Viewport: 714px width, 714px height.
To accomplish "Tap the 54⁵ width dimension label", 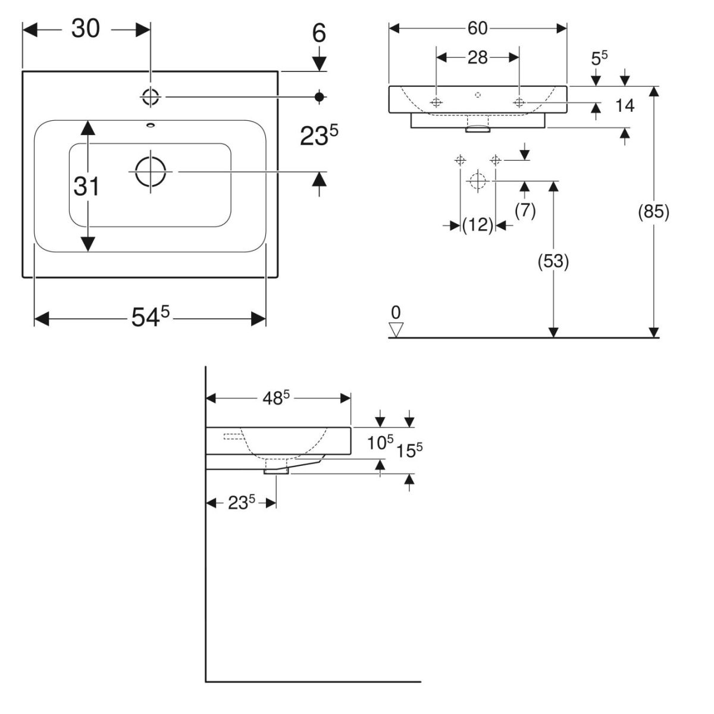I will point(151,319).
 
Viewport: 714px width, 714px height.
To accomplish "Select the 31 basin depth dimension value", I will point(86,187).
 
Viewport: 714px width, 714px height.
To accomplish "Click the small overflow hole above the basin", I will point(150,125).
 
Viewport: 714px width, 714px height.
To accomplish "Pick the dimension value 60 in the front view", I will point(478,28).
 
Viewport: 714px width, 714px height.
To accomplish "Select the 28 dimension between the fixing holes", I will point(478,57).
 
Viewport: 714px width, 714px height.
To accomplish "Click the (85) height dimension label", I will point(654,212).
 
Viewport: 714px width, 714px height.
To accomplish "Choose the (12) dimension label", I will point(478,225).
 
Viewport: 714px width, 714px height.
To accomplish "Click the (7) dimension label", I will point(525,210).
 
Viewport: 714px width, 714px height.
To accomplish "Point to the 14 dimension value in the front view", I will point(625,106).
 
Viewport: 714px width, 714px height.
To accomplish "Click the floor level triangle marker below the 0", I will point(396,329).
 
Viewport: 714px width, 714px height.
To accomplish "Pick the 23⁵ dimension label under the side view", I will point(242,503).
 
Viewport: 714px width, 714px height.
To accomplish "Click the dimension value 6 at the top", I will point(320,34).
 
